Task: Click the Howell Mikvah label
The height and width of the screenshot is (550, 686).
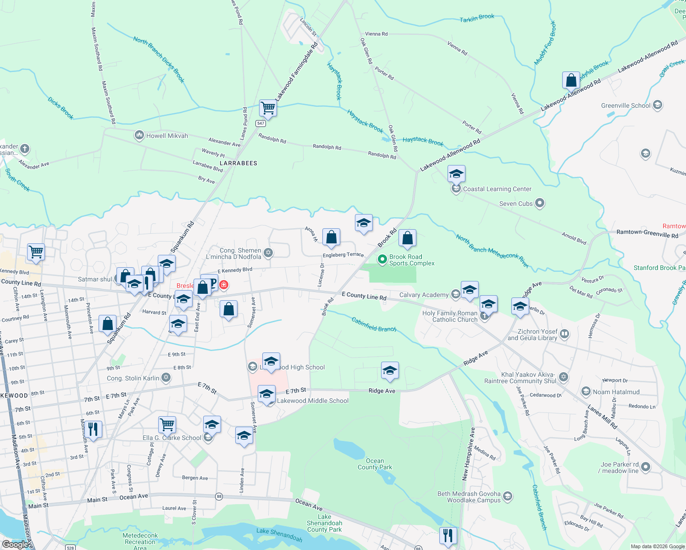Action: [167, 136]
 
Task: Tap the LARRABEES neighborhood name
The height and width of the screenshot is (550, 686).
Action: [238, 163]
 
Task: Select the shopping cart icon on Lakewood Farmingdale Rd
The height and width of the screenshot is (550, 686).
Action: [268, 109]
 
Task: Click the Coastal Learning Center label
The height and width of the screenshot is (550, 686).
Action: [497, 189]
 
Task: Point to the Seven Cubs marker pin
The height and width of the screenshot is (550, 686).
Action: [540, 203]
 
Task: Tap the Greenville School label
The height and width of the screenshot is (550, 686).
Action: [625, 105]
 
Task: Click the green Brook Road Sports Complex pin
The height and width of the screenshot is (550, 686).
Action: [382, 259]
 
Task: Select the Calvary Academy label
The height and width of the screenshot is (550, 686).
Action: [424, 295]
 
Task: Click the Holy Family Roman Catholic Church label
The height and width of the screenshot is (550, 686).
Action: [450, 316]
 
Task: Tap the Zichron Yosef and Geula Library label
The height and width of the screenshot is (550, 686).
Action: [532, 335]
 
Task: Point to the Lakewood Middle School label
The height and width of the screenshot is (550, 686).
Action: [313, 401]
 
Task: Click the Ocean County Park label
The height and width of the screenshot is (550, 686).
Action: [375, 464]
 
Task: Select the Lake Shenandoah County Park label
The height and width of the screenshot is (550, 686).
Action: [325, 523]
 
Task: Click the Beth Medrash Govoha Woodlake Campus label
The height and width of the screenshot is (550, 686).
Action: [469, 497]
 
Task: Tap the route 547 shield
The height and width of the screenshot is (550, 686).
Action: [261, 123]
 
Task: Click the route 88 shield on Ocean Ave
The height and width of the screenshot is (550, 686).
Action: [219, 496]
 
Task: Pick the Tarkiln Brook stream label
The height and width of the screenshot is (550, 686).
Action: [477, 18]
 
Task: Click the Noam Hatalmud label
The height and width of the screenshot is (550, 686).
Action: [616, 392]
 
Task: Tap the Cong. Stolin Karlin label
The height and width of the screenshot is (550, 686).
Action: [133, 378]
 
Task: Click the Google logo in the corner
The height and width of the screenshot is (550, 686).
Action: [15, 544]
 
